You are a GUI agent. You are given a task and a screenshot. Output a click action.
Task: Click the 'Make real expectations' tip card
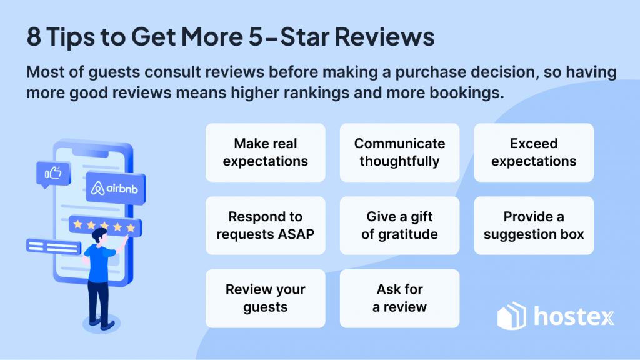265,152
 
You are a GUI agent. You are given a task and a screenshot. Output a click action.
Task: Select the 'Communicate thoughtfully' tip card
399,152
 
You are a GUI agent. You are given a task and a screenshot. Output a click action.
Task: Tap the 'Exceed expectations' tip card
534,152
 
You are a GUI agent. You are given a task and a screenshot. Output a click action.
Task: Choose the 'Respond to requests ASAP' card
265,226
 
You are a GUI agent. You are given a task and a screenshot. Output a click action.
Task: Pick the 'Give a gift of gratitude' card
399,226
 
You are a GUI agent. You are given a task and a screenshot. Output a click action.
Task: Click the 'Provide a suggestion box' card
534,226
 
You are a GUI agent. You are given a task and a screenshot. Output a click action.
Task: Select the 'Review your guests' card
265,298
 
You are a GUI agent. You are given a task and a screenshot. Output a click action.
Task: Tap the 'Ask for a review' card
399,298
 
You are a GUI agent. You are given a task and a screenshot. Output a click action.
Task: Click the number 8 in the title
34,37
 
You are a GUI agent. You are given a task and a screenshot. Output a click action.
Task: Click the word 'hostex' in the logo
574,317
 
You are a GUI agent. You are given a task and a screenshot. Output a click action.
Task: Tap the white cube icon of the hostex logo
512,316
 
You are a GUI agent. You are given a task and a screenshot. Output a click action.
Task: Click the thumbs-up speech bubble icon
53,174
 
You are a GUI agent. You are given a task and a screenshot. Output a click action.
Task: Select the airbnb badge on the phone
116,188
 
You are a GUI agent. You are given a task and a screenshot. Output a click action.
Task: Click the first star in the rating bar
77,224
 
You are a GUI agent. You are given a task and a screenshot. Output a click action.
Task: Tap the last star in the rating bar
131,227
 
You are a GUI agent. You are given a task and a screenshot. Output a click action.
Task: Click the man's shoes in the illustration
102,323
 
